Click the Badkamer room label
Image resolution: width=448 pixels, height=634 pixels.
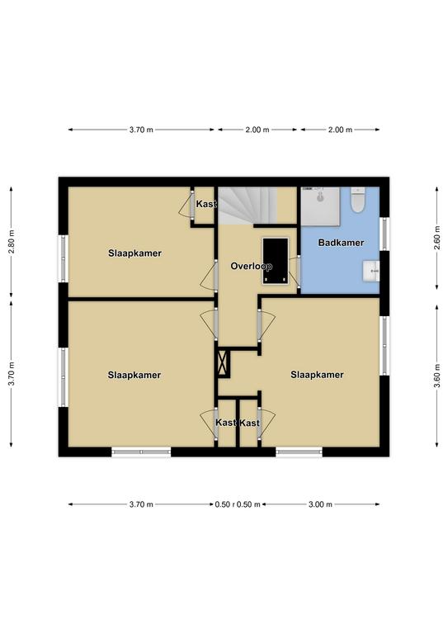pyautogui.click(x=341, y=243)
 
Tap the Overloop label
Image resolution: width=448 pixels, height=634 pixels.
pyautogui.click(x=251, y=266)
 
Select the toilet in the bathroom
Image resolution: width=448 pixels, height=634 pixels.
pyautogui.click(x=357, y=200)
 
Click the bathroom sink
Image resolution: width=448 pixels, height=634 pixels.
pyautogui.click(x=370, y=271)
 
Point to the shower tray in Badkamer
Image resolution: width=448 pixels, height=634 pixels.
pyautogui.click(x=321, y=206)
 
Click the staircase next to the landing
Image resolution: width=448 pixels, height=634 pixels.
pyautogui.click(x=248, y=205)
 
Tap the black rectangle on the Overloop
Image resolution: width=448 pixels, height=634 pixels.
pyautogui.click(x=276, y=261)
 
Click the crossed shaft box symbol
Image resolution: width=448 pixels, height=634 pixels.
pyautogui.click(x=224, y=362)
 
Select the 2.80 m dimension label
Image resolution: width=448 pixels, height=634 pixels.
pyautogui.click(x=12, y=242)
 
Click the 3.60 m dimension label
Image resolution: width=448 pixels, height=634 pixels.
pyautogui.click(x=436, y=376)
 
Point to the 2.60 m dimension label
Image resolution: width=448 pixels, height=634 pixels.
pyautogui.click(x=436, y=239)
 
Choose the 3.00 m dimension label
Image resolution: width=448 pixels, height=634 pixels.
pyautogui.click(x=320, y=504)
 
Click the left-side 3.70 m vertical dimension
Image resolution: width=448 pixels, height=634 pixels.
pyautogui.click(x=12, y=374)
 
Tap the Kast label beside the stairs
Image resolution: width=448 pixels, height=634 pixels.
pyautogui.click(x=206, y=204)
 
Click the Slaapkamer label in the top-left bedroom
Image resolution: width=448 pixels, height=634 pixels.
pyautogui.click(x=134, y=253)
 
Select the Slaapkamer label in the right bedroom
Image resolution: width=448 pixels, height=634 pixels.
pyautogui.click(x=317, y=375)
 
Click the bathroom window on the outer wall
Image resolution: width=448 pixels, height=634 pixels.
pyautogui.click(x=384, y=234)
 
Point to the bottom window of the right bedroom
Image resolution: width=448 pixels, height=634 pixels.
pyautogui.click(x=299, y=452)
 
